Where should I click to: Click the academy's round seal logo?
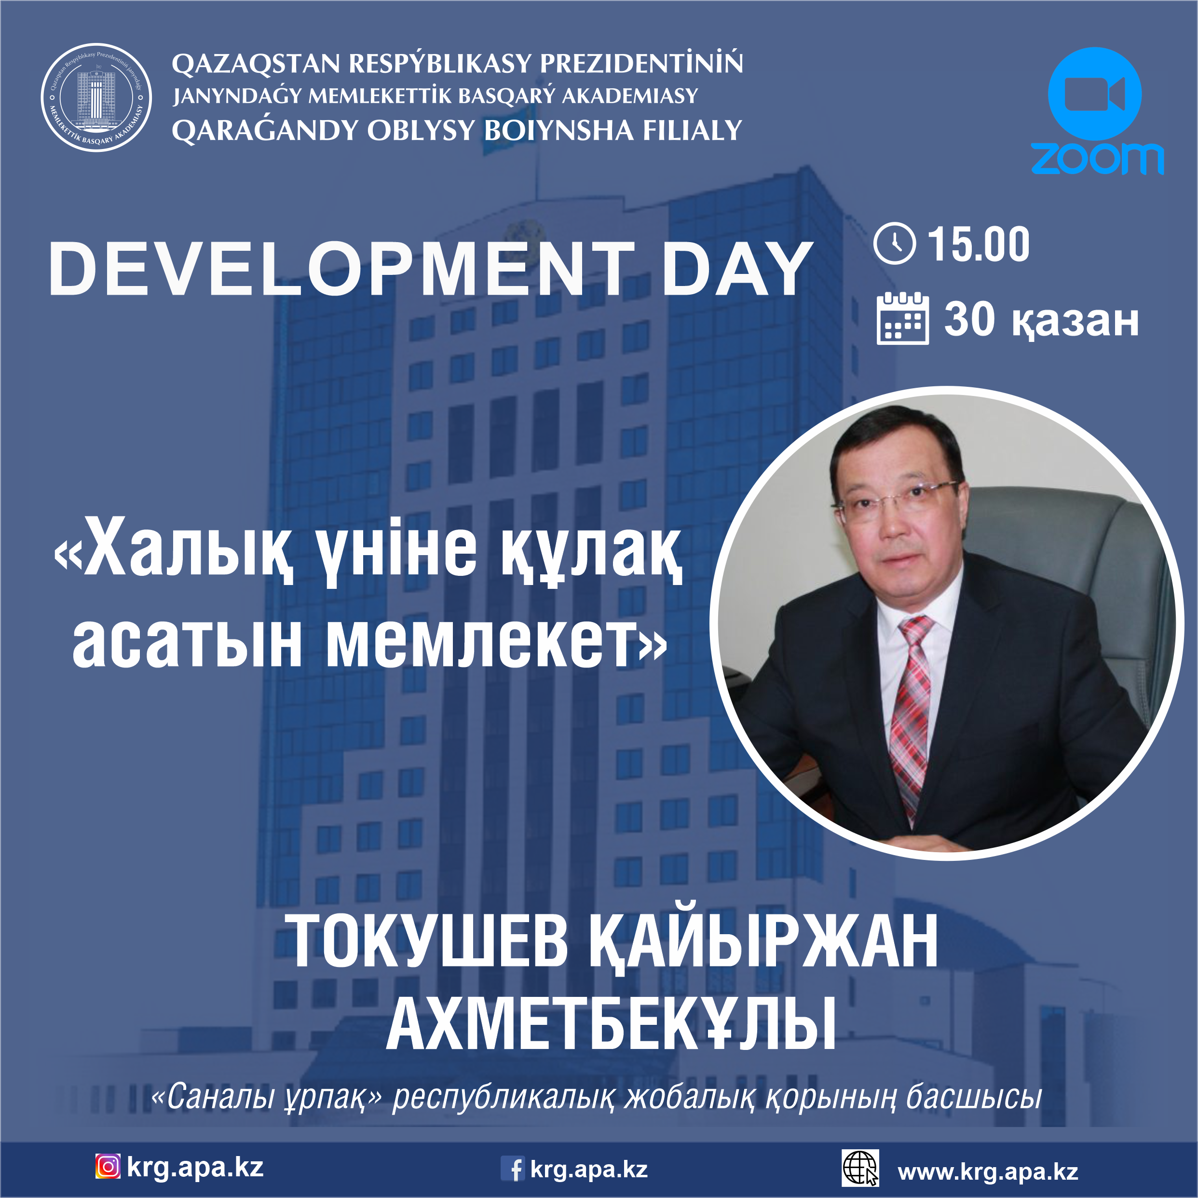point(96,97)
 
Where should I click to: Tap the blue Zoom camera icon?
point(1094,94)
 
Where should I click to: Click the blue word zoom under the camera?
point(1097,159)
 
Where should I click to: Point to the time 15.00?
point(978,245)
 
